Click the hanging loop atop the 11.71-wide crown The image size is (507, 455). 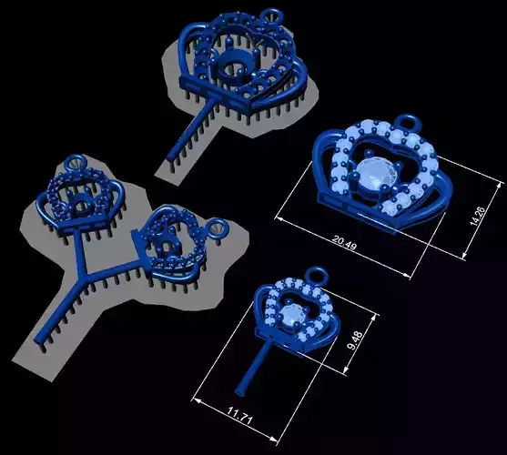315,273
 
